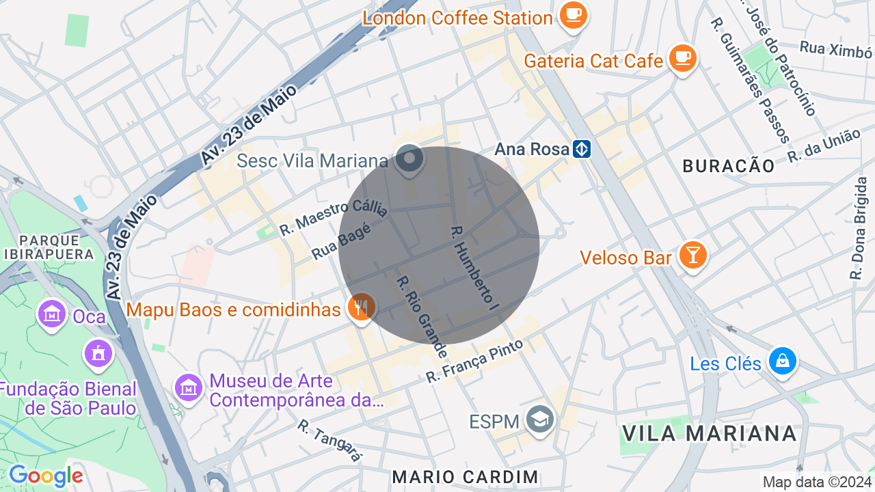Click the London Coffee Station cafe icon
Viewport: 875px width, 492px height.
tap(573, 14)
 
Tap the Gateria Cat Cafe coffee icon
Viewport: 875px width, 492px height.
tap(682, 58)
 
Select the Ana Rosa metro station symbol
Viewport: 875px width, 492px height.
tap(582, 148)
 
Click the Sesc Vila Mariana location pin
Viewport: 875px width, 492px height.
tap(409, 159)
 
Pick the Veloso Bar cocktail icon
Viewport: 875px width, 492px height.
tap(693, 256)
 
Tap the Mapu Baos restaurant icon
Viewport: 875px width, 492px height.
tap(360, 307)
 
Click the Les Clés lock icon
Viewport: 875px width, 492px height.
tap(781, 361)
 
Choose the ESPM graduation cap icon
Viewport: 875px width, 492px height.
tap(540, 420)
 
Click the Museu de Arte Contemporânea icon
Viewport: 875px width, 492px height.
tap(188, 387)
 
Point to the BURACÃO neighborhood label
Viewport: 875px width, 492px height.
tap(729, 166)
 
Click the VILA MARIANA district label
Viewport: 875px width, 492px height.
tap(710, 433)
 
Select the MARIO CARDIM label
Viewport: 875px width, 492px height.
tap(466, 476)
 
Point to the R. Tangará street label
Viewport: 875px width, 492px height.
tap(329, 440)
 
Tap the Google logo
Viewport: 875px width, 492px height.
tap(46, 476)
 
